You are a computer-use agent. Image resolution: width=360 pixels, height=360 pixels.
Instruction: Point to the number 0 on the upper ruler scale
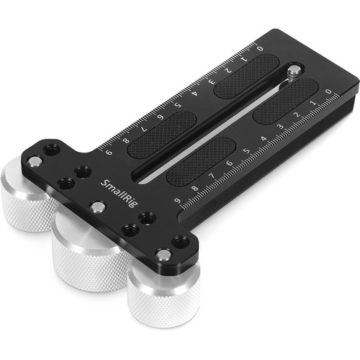[x=259, y=49]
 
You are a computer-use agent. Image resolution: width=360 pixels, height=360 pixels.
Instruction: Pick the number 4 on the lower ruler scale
[x=264, y=138]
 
